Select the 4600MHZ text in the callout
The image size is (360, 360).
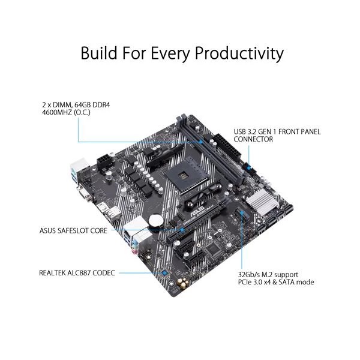pyautogui.click(x=58, y=112)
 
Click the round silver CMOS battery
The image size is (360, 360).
pyautogui.click(x=157, y=221)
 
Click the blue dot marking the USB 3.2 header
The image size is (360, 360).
pyautogui.click(x=248, y=170)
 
